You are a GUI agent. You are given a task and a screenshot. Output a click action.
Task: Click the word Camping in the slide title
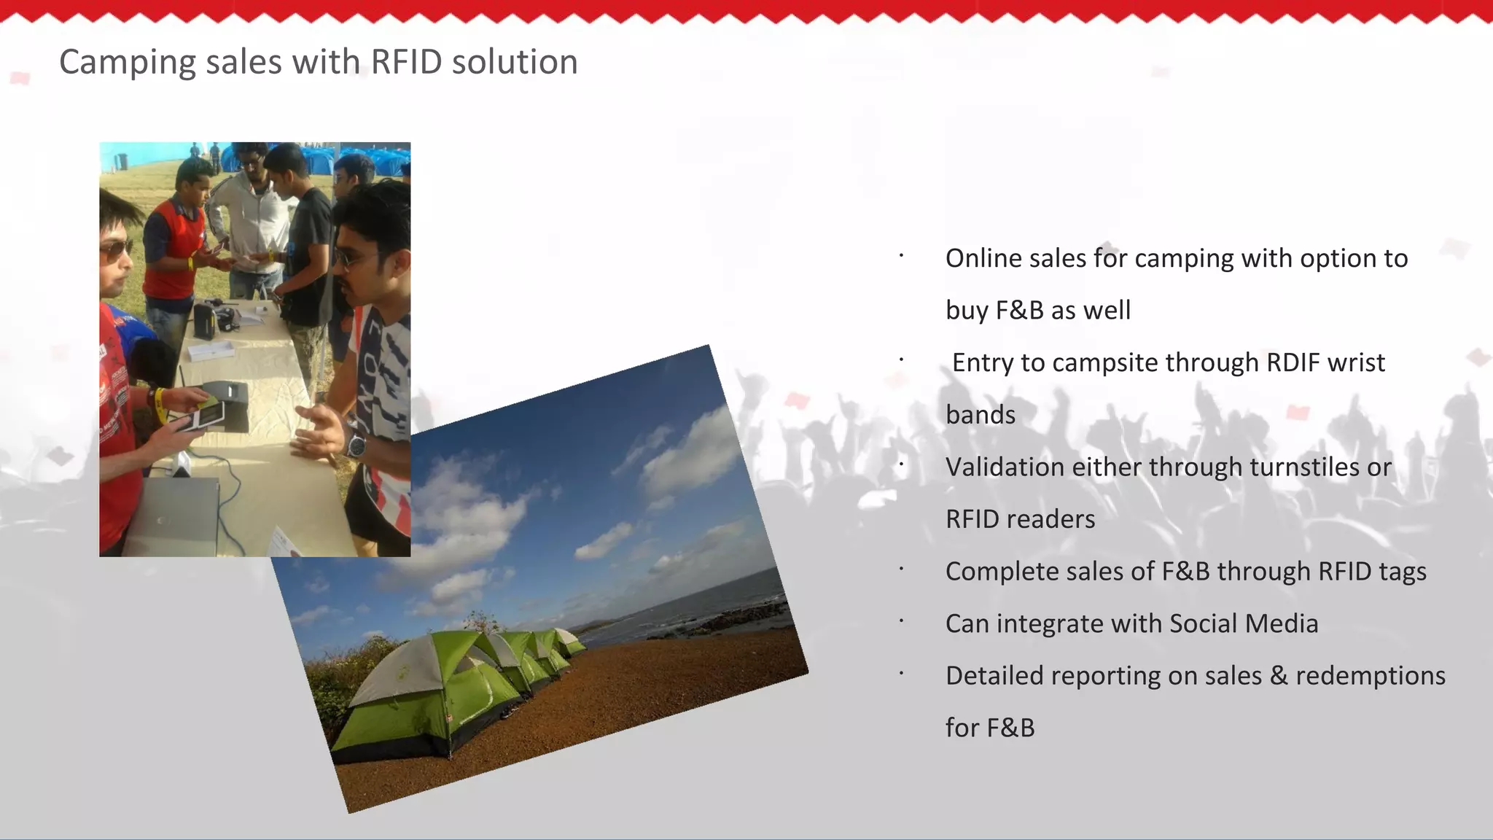127,63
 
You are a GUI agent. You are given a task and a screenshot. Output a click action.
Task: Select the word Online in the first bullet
983,258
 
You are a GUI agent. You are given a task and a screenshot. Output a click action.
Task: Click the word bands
981,415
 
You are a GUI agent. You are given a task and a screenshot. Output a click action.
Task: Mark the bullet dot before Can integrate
902,621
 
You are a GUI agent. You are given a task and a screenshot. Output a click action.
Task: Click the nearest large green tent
408,700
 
